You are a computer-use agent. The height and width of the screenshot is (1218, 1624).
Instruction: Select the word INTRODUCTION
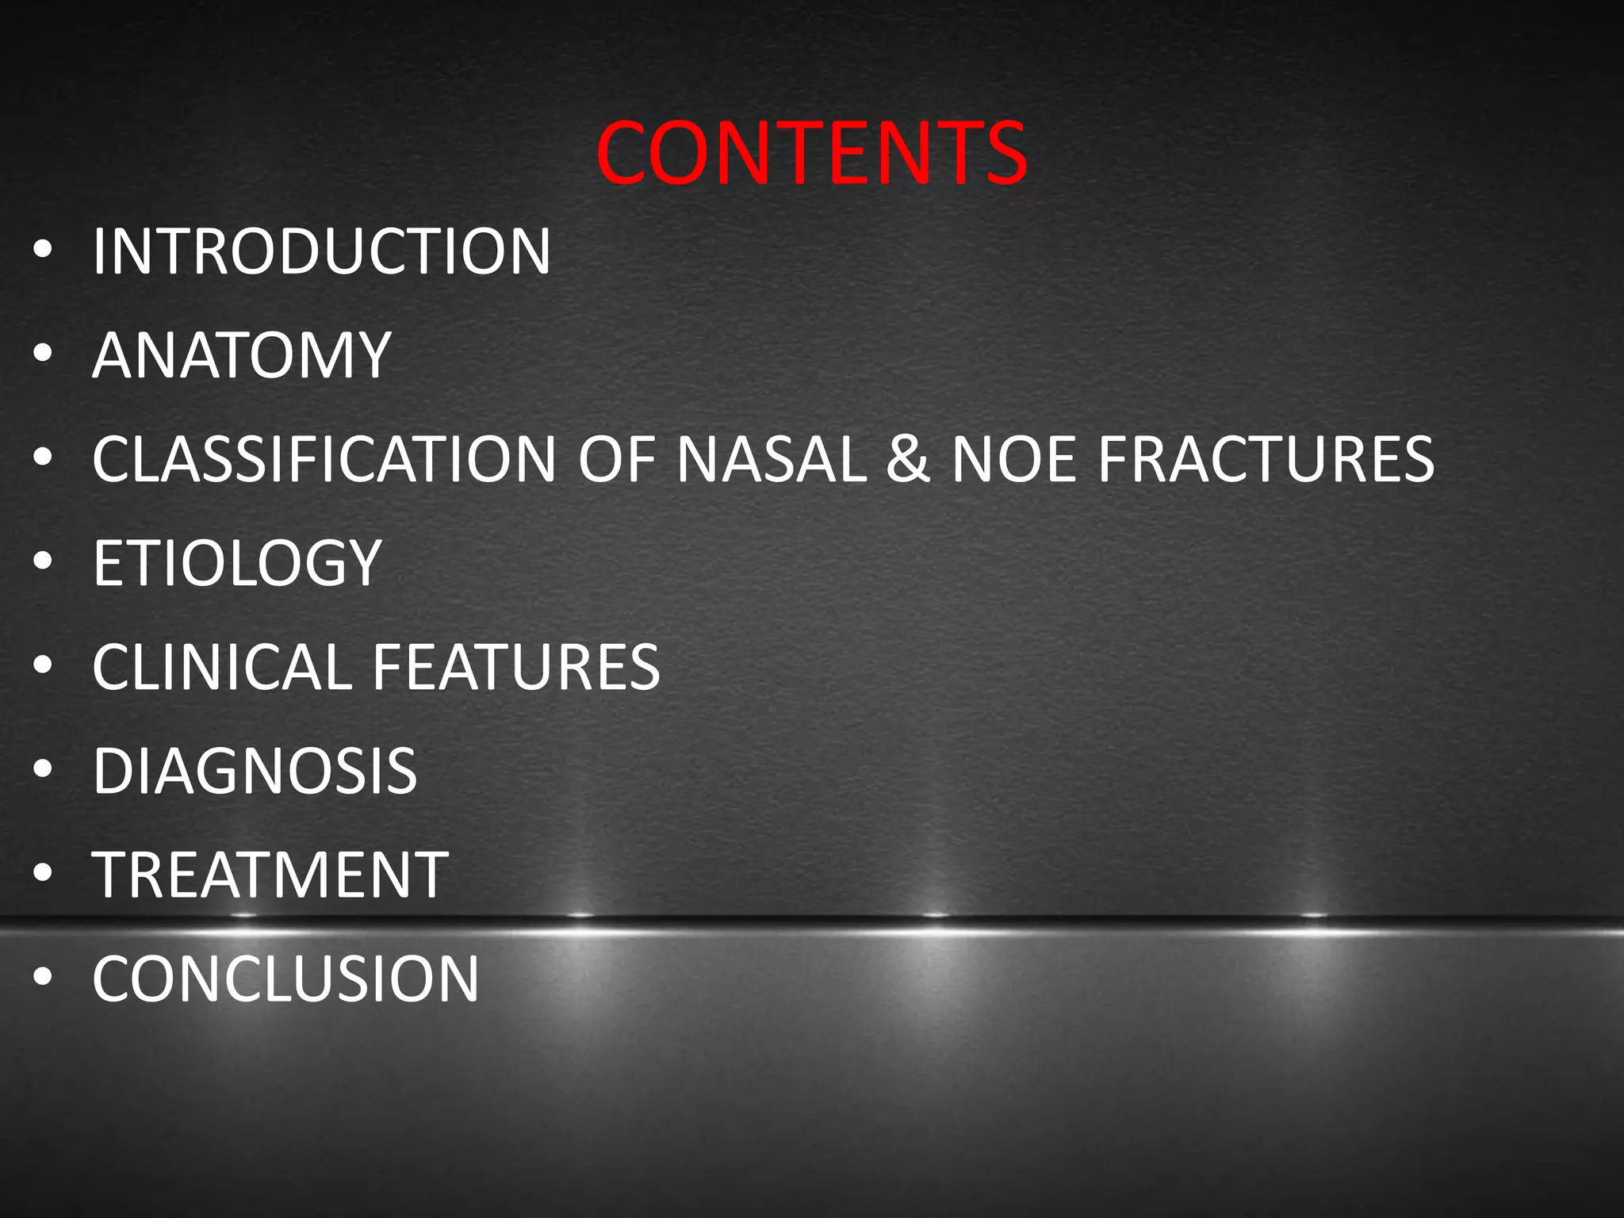[321, 252]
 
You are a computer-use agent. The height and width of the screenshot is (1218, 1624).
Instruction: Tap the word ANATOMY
[241, 356]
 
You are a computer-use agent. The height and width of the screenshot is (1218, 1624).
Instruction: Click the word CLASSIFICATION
[324, 459]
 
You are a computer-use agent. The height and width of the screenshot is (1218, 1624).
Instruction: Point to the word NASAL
[772, 459]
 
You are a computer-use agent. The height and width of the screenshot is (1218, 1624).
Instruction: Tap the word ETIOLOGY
[237, 563]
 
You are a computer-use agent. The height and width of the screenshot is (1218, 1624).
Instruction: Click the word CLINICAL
[221, 667]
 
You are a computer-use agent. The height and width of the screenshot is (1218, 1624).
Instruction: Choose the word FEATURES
[515, 667]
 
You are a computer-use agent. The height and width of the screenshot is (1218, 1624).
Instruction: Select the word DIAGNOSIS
[255, 771]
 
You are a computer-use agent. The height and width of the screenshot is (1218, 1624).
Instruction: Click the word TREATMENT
[270, 875]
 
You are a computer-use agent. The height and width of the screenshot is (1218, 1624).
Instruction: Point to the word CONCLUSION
[285, 979]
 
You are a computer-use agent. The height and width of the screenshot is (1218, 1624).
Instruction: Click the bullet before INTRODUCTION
[43, 251]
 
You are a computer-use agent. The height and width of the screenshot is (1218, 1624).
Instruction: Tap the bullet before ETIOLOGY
[43, 562]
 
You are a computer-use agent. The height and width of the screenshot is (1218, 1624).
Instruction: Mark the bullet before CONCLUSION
[43, 978]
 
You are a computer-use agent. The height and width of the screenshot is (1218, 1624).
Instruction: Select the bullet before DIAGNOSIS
[43, 770]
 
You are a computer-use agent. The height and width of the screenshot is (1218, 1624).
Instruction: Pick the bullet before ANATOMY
[43, 354]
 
